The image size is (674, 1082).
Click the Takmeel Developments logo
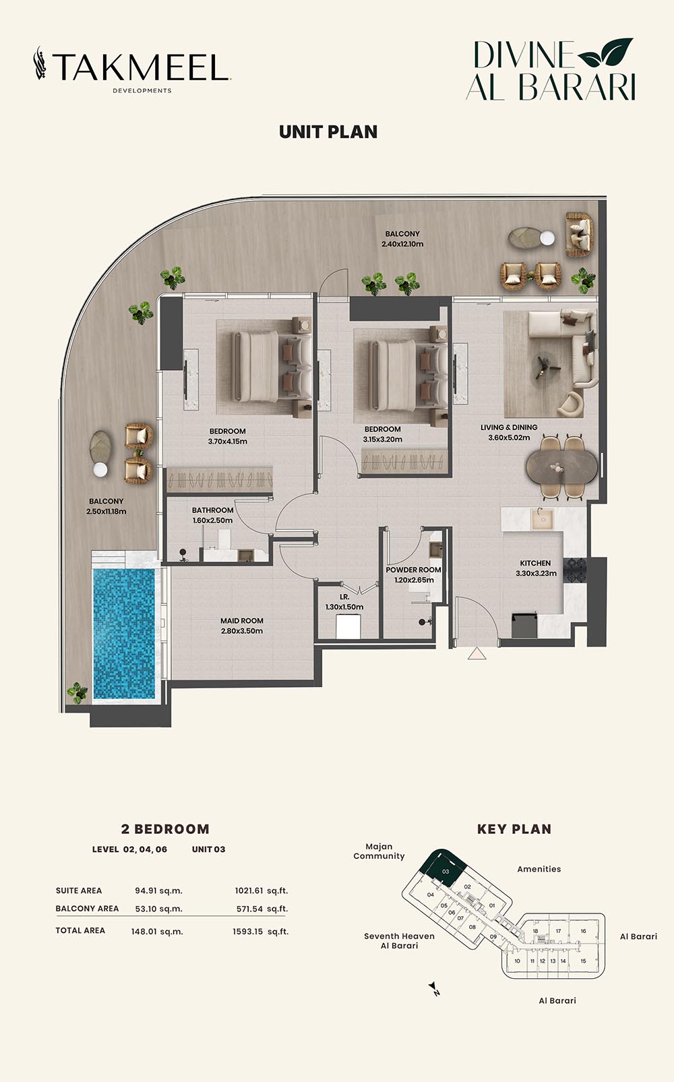132,69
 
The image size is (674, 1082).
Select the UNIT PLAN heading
328,132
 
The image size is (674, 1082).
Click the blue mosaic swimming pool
124,633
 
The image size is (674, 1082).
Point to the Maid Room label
242,621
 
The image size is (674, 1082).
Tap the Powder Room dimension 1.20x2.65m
414,580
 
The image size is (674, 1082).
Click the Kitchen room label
535,563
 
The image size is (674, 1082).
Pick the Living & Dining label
509,427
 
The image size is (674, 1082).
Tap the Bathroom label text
212,510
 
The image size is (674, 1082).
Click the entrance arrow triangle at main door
477,653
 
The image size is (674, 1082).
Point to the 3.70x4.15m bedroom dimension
227,442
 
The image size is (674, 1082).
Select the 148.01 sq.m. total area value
157,932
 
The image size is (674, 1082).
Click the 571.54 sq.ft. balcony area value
262,909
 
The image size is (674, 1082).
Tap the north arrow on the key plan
433,986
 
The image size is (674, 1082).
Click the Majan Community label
379,851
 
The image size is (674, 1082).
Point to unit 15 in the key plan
583,961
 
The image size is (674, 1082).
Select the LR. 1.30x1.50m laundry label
344,602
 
